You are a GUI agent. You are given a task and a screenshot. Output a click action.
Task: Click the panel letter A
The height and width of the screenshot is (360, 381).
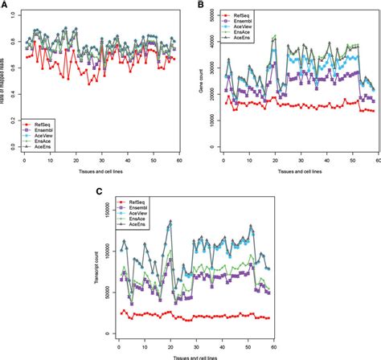[6, 5]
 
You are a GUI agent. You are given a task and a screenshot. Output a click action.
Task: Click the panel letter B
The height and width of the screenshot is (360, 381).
[199, 5]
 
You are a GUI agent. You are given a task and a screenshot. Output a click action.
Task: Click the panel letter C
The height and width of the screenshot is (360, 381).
[99, 191]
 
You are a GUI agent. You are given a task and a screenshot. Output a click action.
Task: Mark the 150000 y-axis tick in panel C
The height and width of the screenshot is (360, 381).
[106, 205]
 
